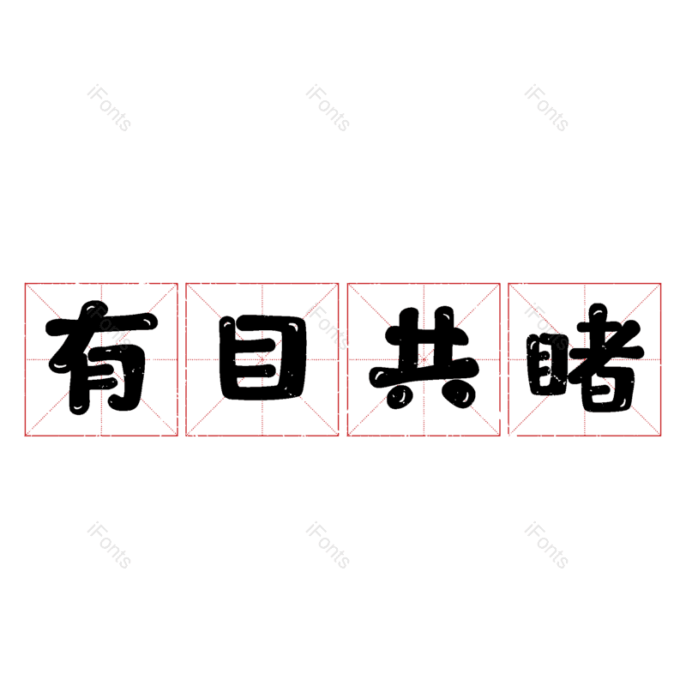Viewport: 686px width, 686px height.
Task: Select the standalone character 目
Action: pyautogui.click(x=262, y=358)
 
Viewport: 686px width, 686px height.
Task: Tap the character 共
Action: pyautogui.click(x=423, y=358)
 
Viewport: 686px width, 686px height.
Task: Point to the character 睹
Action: pyautogui.click(x=585, y=360)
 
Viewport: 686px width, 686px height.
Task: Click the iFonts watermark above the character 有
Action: pyautogui.click(x=109, y=108)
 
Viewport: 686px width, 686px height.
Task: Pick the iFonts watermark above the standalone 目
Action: pyautogui.click(x=328, y=108)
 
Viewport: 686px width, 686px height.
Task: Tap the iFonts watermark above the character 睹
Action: pyautogui.click(x=546, y=108)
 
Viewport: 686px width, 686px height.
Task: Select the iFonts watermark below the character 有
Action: pyautogui.click(x=109, y=545)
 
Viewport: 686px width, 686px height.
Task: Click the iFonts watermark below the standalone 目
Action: pyautogui.click(x=328, y=545)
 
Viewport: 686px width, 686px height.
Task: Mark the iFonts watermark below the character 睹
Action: pyautogui.click(x=546, y=545)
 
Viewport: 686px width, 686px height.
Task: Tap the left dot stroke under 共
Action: pyautogui.click(x=396, y=395)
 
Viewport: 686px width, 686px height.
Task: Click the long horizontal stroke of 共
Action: pyautogui.click(x=423, y=375)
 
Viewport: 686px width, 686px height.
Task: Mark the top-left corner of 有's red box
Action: pyautogui.click(x=25, y=284)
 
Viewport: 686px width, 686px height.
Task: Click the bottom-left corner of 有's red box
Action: pyautogui.click(x=25, y=436)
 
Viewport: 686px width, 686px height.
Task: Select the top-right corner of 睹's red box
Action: pyautogui.click(x=661, y=284)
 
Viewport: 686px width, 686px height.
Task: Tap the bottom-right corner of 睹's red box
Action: pyautogui.click(x=661, y=436)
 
